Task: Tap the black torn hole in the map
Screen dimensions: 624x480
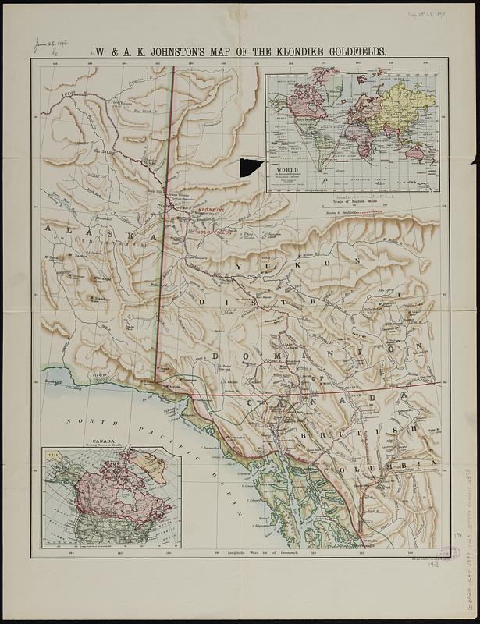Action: (x=251, y=166)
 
